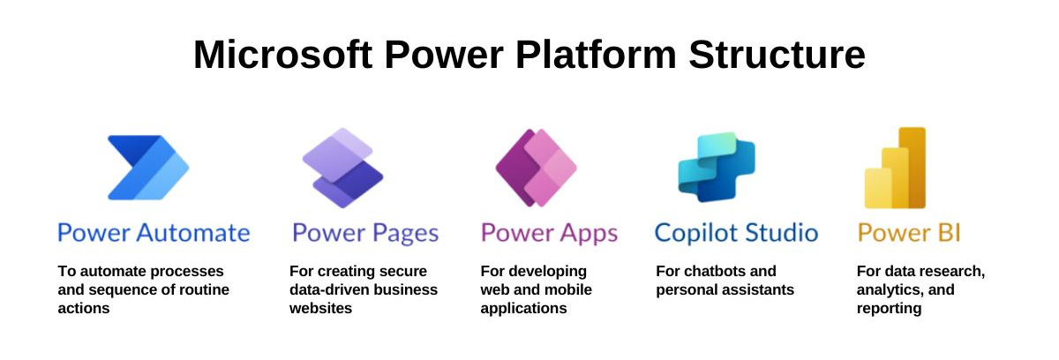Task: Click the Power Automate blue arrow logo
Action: (x=147, y=168)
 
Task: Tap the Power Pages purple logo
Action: (x=342, y=168)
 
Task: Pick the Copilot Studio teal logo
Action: (x=716, y=168)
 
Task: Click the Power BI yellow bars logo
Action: (x=895, y=168)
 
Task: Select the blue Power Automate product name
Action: (x=154, y=234)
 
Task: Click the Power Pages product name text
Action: (x=365, y=234)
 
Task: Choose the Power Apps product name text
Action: (x=549, y=234)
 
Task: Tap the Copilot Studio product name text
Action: (x=736, y=234)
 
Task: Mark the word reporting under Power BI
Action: (x=889, y=309)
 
